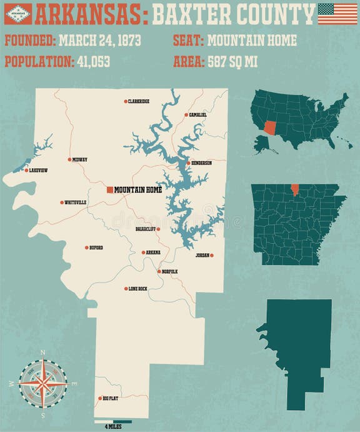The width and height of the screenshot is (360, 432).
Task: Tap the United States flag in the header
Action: (337, 13)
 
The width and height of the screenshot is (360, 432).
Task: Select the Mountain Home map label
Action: (137, 189)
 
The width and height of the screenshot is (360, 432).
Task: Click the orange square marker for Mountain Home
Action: (109, 189)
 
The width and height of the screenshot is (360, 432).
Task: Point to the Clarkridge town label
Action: (138, 101)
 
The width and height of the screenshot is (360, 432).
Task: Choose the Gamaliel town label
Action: (197, 115)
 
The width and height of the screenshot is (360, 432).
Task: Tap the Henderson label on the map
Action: (201, 163)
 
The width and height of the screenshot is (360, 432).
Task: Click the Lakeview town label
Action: (38, 170)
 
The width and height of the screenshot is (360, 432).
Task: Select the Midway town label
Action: (79, 159)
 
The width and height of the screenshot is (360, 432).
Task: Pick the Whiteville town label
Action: (76, 202)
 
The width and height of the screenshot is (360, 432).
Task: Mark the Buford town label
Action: (96, 248)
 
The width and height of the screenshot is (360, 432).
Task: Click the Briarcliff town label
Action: (144, 229)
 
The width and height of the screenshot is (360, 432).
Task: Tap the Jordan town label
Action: (202, 255)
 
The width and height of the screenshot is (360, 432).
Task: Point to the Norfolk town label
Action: (169, 271)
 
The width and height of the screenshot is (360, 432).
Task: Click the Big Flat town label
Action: (110, 398)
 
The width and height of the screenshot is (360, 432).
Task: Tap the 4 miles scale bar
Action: (113, 421)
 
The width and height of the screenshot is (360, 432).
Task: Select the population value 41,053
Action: (97, 62)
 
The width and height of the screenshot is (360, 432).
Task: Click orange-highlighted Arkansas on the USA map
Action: (270, 127)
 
